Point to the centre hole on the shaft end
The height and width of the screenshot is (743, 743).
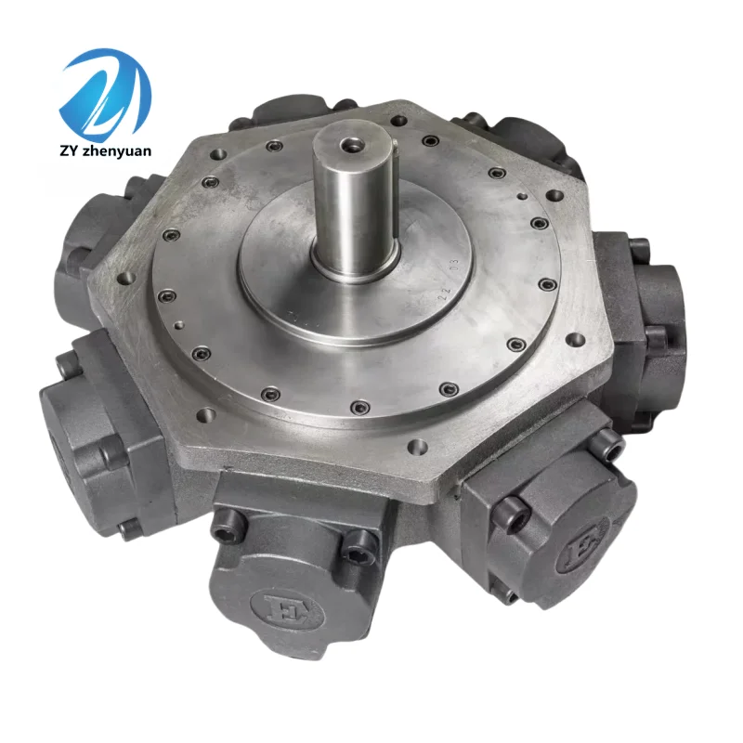(x=350, y=144)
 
